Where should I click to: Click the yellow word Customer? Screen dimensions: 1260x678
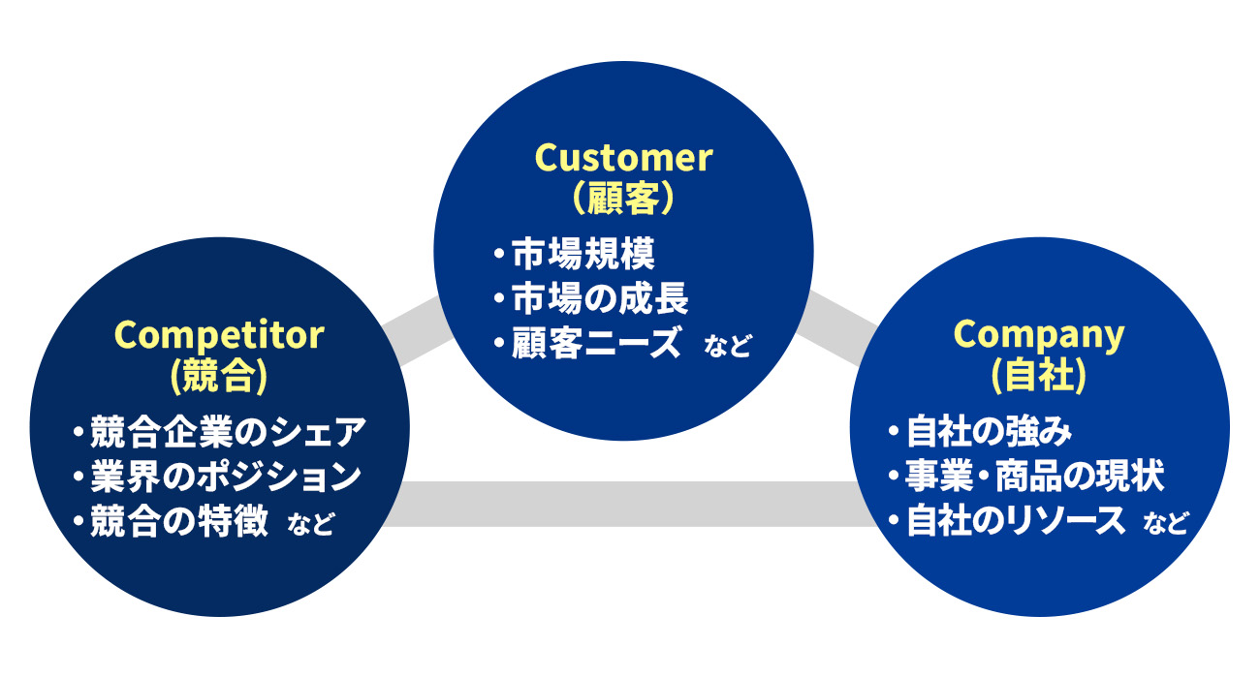click(x=623, y=158)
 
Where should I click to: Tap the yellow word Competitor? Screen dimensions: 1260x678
click(x=219, y=336)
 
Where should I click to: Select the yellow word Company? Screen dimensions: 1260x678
click(x=1039, y=336)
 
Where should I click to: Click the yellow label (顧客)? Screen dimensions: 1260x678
click(x=623, y=198)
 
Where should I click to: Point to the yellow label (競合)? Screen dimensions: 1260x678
click(x=219, y=376)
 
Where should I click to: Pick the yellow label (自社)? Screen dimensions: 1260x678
click(x=1039, y=376)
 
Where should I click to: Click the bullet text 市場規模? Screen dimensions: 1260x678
click(x=583, y=254)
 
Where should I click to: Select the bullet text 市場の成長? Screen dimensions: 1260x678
click(x=600, y=298)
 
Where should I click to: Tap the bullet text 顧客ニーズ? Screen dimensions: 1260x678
click(x=596, y=343)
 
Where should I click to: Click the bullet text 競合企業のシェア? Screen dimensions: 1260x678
click(x=229, y=432)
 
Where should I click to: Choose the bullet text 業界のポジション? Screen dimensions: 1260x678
click(x=226, y=477)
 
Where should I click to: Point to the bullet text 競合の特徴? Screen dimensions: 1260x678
click(x=179, y=521)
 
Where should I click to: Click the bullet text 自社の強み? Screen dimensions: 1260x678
click(x=990, y=432)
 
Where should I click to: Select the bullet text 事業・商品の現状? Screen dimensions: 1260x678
click(x=1035, y=477)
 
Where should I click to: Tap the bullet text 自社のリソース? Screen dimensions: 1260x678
click(x=1016, y=521)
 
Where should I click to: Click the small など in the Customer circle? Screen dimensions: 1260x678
click(x=727, y=346)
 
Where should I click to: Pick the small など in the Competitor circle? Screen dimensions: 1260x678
click(x=311, y=524)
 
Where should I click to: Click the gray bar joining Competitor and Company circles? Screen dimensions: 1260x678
click(x=629, y=504)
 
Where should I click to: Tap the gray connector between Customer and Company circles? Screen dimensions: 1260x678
click(x=836, y=329)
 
